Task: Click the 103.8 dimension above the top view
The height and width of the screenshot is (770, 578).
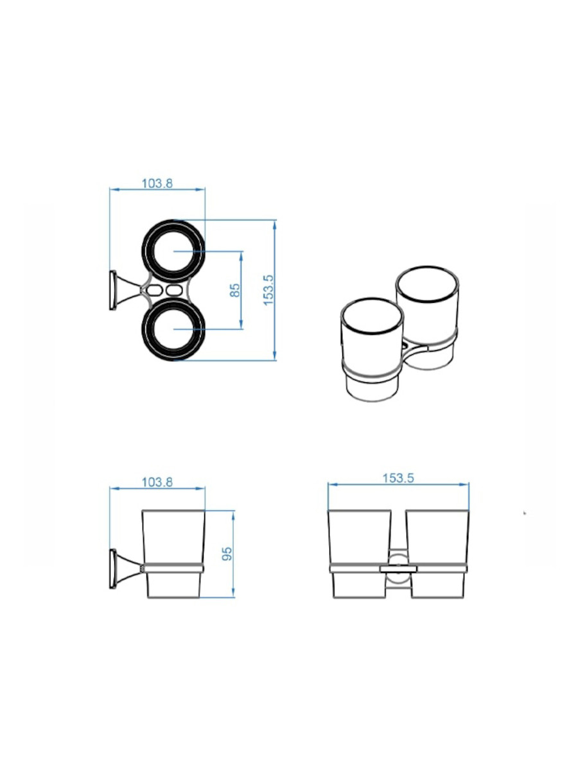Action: pos(157,184)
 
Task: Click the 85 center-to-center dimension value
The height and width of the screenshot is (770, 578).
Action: pos(235,290)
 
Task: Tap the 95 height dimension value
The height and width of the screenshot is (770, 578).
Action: pos(227,554)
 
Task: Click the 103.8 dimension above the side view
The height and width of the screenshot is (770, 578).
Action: pos(157,483)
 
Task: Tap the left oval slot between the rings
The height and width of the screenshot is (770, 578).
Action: pos(154,290)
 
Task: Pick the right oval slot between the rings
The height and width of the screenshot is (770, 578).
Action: pos(175,290)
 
